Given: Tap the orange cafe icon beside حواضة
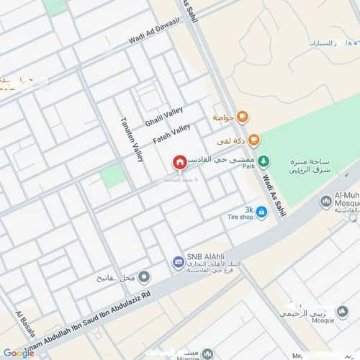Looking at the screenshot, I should pos(243,116).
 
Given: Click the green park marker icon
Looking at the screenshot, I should pos(264,163).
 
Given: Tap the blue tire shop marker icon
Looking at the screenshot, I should pos(261,212).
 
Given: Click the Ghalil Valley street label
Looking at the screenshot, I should pos(164,116).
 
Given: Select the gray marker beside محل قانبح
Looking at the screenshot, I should pos(145,276).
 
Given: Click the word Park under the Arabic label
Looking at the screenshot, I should pos(249,166).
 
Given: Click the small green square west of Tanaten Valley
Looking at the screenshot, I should pos(112,176).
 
